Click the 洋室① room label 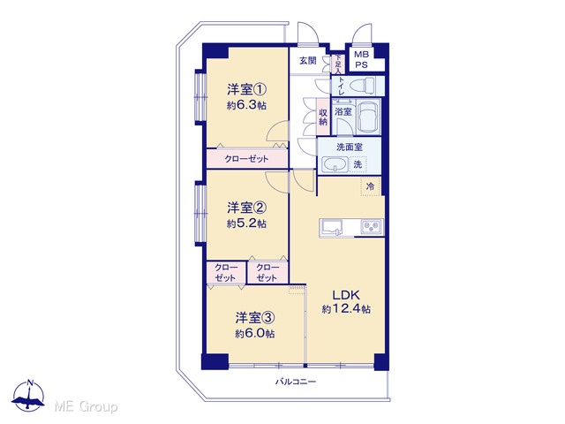(x=246, y=88)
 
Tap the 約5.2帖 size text (x=247, y=223)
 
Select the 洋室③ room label (x=255, y=318)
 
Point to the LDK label (x=346, y=295)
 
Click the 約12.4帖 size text (x=346, y=309)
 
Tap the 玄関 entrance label (x=308, y=61)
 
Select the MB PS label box (x=361, y=60)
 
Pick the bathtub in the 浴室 (x=368, y=117)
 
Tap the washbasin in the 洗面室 (x=335, y=165)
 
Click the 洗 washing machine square (x=358, y=164)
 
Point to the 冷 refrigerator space (x=371, y=186)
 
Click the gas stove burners (x=372, y=227)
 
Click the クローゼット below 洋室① (x=247, y=159)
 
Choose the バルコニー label (x=296, y=382)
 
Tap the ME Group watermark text (x=86, y=407)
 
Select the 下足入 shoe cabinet (x=337, y=64)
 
